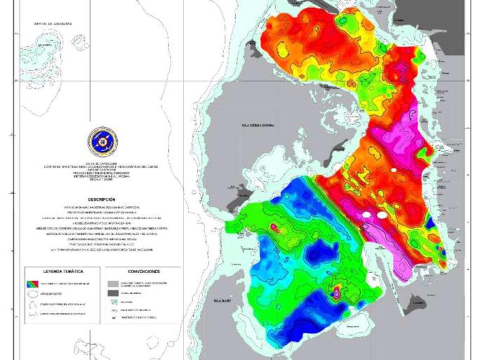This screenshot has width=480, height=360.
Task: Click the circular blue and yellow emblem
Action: [x=103, y=142]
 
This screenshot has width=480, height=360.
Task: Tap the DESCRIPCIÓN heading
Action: [x=103, y=199]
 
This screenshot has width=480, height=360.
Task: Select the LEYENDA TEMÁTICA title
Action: [x=63, y=271]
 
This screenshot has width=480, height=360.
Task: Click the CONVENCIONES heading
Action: [x=144, y=271]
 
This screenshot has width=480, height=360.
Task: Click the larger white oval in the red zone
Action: [x=382, y=215]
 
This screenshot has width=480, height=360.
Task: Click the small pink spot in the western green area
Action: [x=274, y=227]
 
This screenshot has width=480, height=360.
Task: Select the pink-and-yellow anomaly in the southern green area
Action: [x=336, y=292]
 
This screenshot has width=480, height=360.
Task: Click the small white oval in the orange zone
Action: [x=394, y=170]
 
